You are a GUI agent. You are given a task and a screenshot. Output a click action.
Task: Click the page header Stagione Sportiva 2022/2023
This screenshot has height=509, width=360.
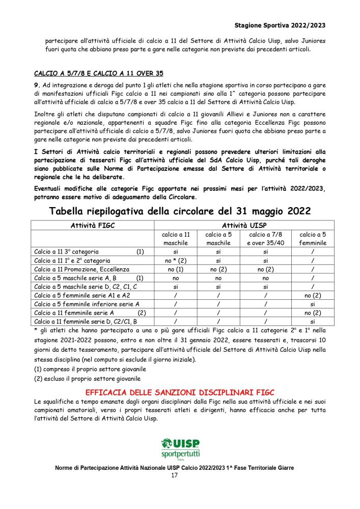pyautogui.click(x=280, y=25)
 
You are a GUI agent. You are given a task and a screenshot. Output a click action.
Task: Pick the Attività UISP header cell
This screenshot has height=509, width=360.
pyautogui.click(x=244, y=225)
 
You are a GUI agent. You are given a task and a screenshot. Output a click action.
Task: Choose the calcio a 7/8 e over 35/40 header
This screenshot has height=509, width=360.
pyautogui.click(x=266, y=239)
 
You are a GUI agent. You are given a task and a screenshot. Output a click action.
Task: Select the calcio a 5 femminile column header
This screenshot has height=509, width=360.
pyautogui.click(x=313, y=239)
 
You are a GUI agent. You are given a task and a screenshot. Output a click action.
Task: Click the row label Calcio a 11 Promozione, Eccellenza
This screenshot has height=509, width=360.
pyautogui.click(x=81, y=269)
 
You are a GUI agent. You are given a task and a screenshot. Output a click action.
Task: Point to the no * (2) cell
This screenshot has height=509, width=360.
pyautogui.click(x=176, y=260)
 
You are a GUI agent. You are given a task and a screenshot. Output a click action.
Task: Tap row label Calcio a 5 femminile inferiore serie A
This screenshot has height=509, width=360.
pyautogui.click(x=87, y=304)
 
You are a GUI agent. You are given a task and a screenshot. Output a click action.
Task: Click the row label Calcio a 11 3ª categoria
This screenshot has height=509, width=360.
pyautogui.click(x=67, y=251)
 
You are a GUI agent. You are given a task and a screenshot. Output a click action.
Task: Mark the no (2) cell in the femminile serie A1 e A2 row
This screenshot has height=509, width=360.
pyautogui.click(x=313, y=295)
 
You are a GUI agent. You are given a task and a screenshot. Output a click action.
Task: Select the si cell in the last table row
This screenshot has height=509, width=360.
pyautogui.click(x=313, y=322)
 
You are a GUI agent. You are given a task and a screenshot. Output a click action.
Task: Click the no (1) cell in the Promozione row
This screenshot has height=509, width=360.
pyautogui.click(x=176, y=269)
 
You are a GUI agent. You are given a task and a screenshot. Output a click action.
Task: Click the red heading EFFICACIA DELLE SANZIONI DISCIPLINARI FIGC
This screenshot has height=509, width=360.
pyautogui.click(x=180, y=392)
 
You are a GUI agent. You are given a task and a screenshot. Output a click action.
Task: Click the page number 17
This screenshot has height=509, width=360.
pyautogui.click(x=174, y=476)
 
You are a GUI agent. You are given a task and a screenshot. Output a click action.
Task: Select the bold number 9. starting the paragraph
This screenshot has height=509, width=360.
pyautogui.click(x=37, y=84)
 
